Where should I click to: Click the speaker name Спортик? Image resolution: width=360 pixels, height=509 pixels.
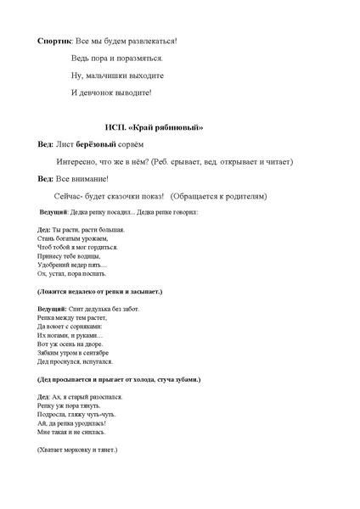56,40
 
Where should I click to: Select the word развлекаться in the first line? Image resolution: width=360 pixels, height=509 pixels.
154,40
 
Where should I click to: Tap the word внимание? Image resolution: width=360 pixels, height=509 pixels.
89,180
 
